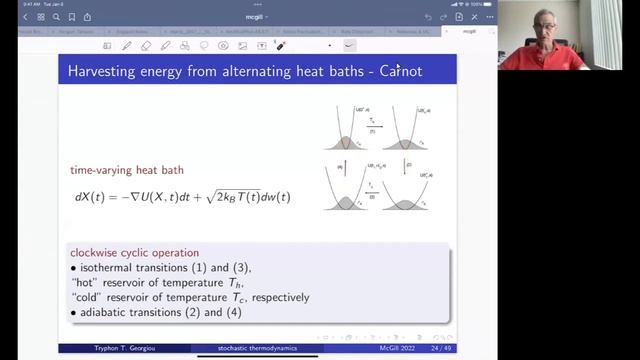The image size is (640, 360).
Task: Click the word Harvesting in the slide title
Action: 104,71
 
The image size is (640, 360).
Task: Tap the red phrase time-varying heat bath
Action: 127,171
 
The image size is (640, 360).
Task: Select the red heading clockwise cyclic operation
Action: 134,252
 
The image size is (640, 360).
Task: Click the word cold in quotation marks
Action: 88,297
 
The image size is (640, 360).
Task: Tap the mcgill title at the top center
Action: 253,17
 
